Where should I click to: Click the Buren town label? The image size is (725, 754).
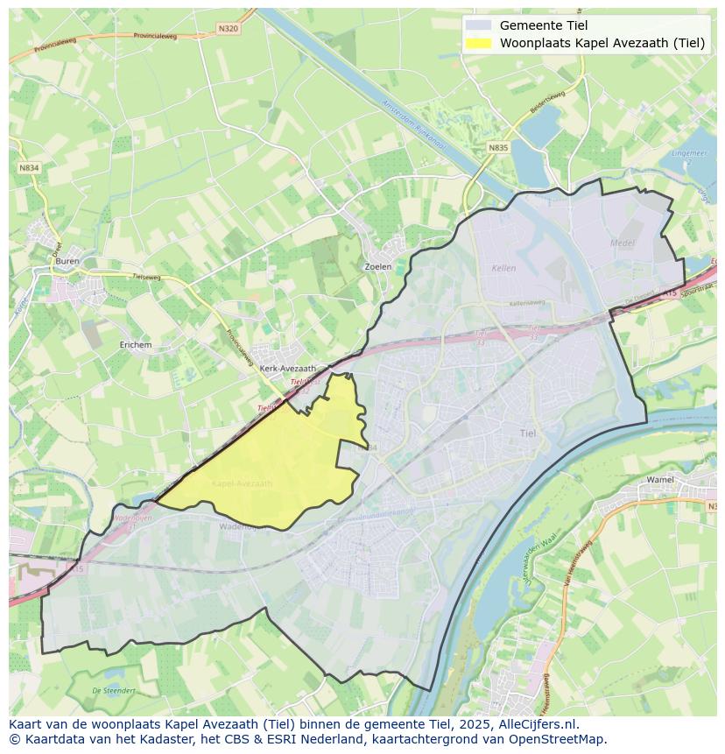[67, 261]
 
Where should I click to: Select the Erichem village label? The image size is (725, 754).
[136, 345]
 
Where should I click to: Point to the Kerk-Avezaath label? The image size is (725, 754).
[287, 369]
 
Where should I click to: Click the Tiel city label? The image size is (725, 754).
[528, 433]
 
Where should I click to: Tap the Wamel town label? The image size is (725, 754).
[659, 480]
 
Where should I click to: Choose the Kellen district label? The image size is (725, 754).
[504, 268]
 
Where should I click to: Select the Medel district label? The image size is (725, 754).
[623, 243]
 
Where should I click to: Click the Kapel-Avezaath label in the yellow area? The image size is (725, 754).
[242, 483]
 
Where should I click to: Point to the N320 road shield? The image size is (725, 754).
[228, 29]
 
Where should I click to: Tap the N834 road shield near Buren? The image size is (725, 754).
[29, 167]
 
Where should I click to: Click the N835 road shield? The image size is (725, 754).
[497, 148]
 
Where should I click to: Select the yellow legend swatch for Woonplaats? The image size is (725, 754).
[478, 43]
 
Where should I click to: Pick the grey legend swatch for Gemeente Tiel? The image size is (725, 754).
[478, 25]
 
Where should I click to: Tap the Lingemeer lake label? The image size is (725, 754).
[689, 155]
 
